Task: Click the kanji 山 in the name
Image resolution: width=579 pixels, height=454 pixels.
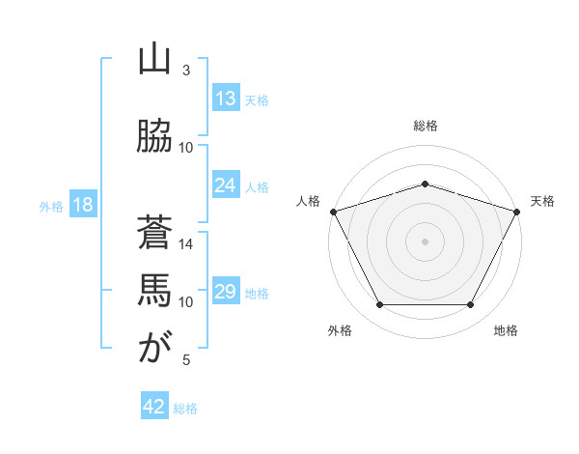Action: tap(154, 60)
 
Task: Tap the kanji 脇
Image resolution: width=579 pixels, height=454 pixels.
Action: tap(154, 135)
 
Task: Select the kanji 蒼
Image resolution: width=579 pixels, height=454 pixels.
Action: tap(154, 232)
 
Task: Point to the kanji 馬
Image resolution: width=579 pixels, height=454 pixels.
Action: tap(154, 290)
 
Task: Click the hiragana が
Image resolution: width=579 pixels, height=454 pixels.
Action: tap(155, 347)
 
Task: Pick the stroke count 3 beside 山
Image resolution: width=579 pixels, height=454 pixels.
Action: tap(186, 71)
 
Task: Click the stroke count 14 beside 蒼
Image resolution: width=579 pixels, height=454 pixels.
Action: tap(185, 244)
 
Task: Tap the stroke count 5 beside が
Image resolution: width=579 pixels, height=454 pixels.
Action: tap(186, 359)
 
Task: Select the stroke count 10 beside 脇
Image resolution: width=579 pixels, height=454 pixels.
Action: tap(185, 148)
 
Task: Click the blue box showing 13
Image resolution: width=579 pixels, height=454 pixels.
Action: tap(226, 98)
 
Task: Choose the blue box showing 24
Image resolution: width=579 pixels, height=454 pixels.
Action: tap(226, 184)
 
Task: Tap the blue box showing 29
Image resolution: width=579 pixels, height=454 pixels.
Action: tap(226, 290)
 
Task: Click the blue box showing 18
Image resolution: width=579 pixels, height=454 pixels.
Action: tap(83, 204)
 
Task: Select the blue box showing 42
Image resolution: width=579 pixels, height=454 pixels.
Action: tap(154, 405)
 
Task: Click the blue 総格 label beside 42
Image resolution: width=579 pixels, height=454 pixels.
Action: tap(185, 409)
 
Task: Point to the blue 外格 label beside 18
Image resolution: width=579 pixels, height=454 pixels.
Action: tap(51, 207)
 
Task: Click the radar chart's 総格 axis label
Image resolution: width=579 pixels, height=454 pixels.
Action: tap(425, 126)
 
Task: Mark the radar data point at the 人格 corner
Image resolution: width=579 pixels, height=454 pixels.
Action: tap(334, 212)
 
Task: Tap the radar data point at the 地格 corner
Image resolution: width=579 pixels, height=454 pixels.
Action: tap(470, 304)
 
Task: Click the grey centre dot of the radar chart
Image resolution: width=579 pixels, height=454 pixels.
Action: tap(425, 241)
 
